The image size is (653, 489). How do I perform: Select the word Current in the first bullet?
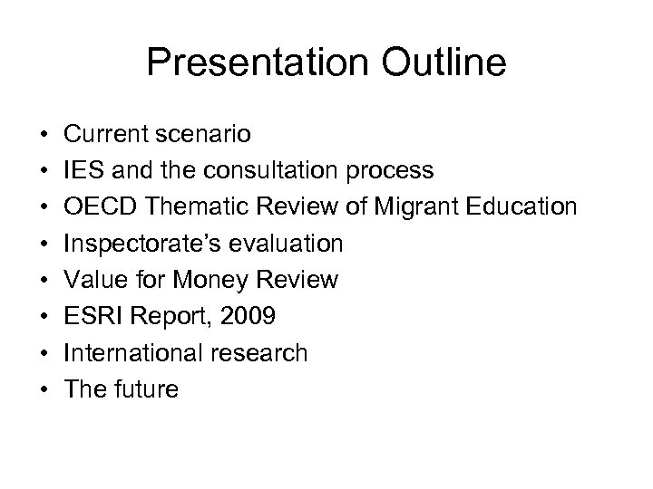tap(102, 134)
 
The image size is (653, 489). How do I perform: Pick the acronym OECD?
tap(94, 207)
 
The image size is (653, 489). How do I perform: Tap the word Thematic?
tap(188, 207)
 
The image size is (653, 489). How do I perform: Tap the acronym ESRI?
tap(89, 317)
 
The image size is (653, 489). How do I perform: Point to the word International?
tap(128, 353)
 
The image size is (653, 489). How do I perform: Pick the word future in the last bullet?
tap(146, 389)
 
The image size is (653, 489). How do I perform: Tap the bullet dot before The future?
tap(44, 390)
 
